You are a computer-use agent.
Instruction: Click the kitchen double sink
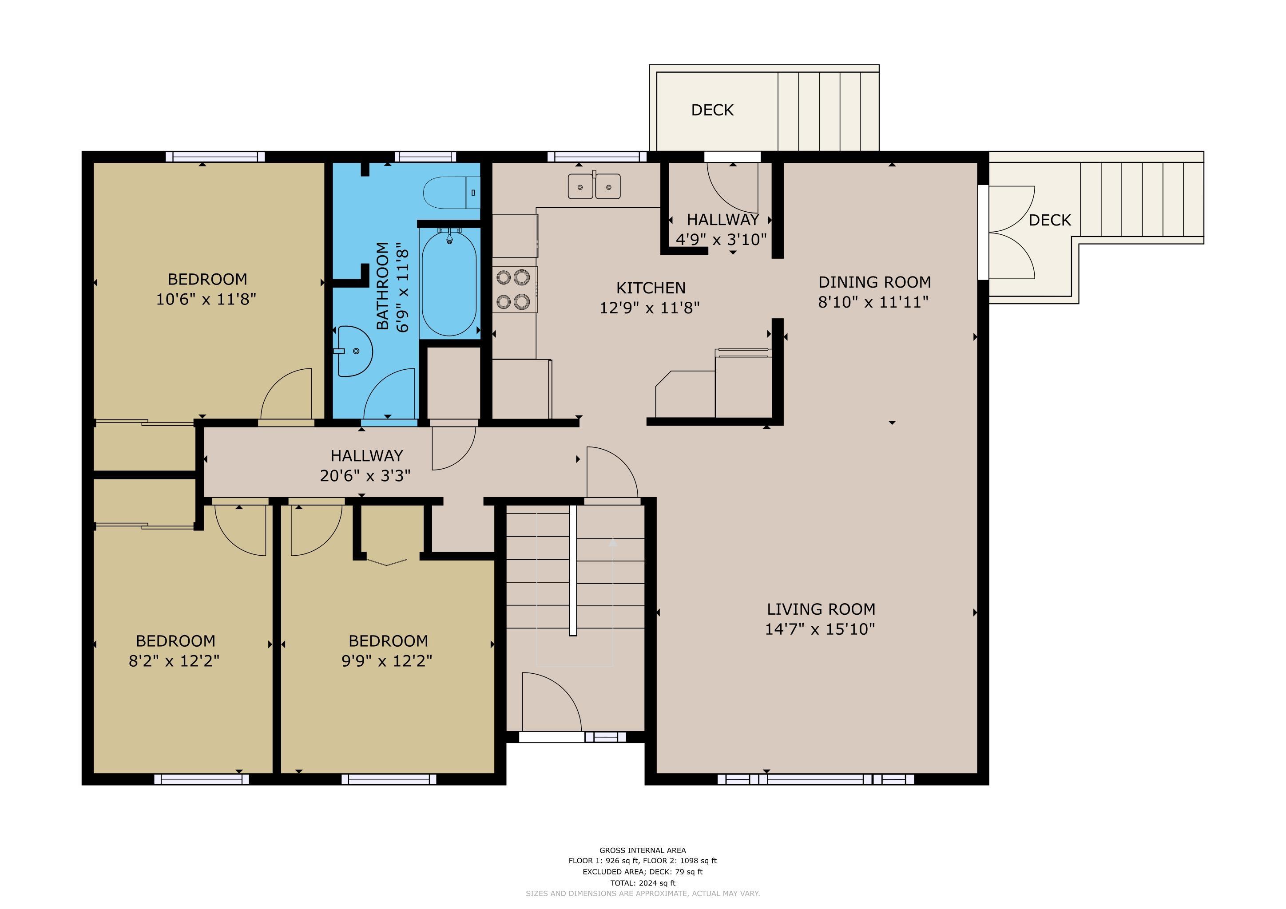tap(594, 186)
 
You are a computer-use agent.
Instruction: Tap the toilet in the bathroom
tap(452, 193)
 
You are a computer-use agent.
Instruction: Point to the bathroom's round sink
tap(354, 351)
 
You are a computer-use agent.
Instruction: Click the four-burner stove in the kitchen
tap(515, 289)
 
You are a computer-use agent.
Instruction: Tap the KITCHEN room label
tap(651, 288)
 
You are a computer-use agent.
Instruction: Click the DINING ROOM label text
tap(874, 282)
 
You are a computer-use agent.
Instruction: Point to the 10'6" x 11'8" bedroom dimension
tap(206, 300)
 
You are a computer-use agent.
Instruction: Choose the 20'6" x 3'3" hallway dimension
tap(365, 476)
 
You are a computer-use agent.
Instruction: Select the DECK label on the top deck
tap(712, 110)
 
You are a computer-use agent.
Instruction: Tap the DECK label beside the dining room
tap(1050, 221)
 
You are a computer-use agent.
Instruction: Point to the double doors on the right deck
tap(1012, 232)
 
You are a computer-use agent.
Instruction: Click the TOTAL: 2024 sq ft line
tap(643, 883)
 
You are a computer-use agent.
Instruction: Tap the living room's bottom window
tap(815, 779)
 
